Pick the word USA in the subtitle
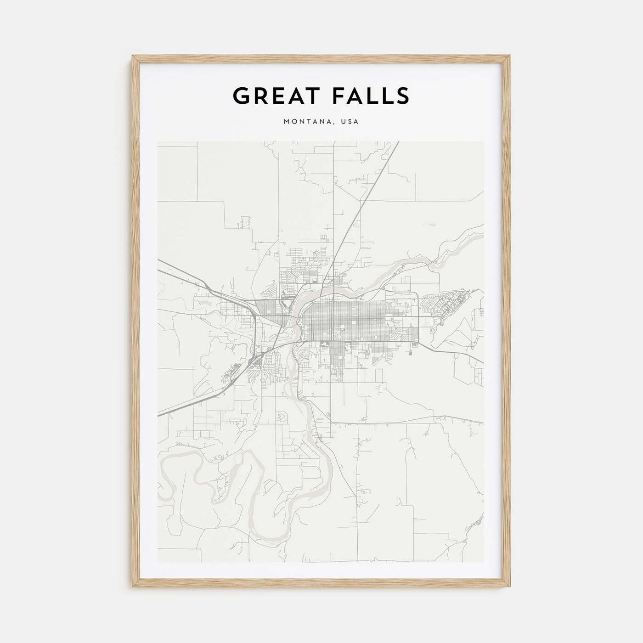[350, 122]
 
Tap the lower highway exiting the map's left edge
[161, 414]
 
